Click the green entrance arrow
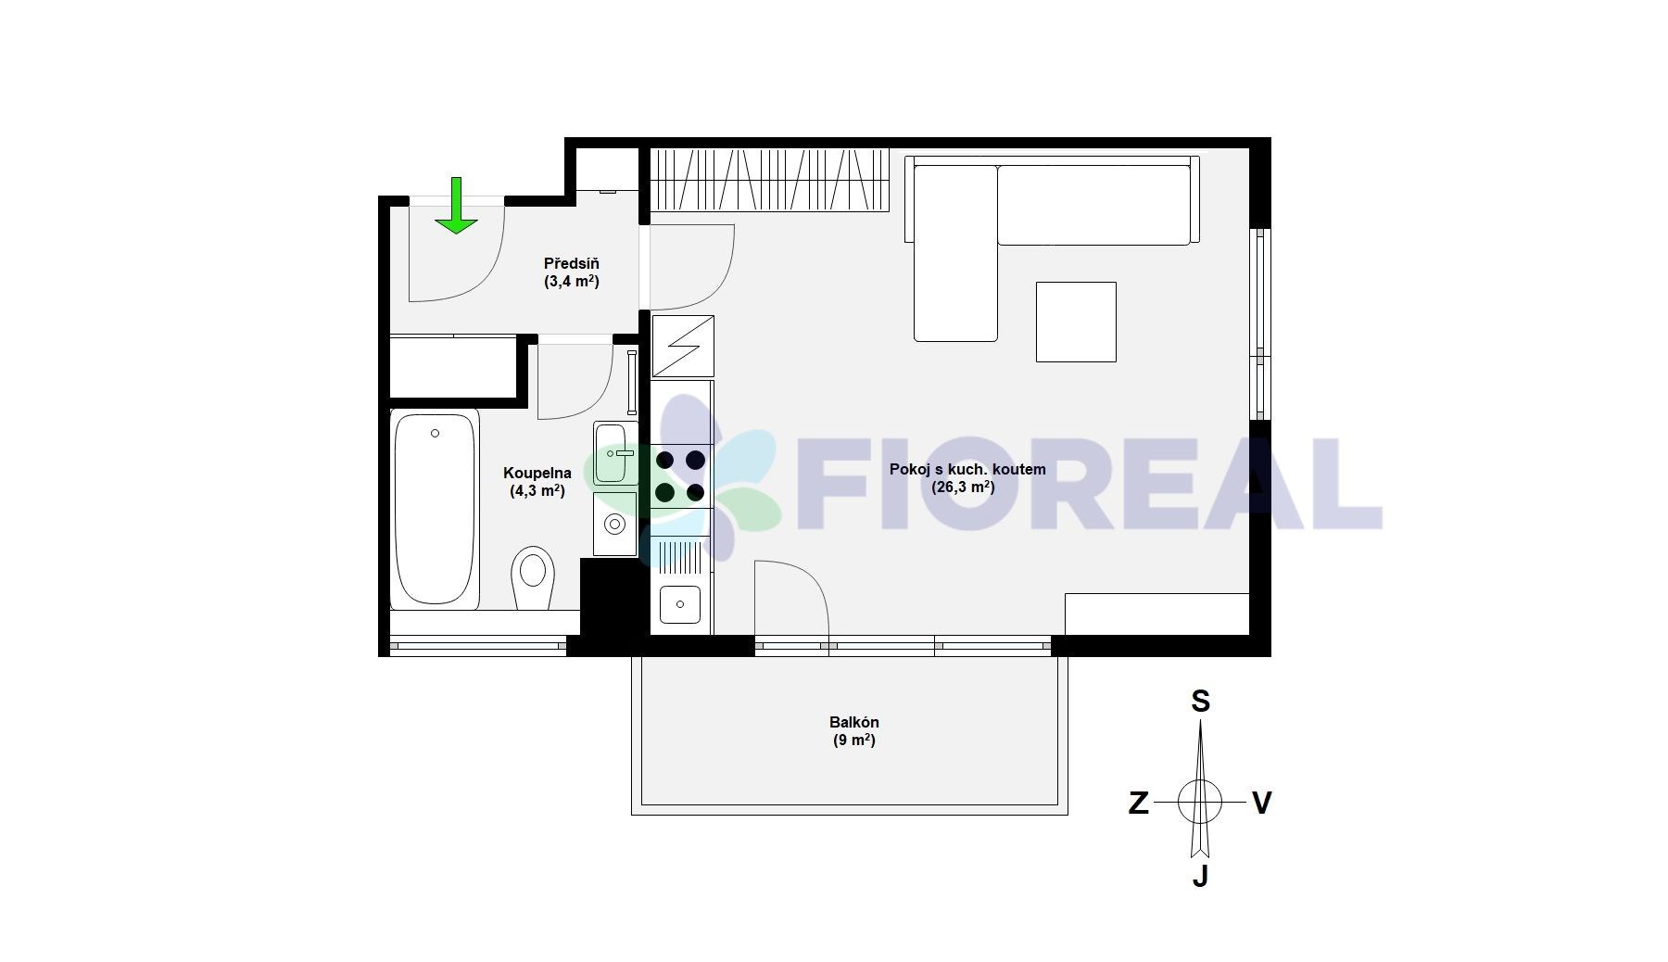pyautogui.click(x=456, y=206)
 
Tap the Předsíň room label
pyautogui.click(x=572, y=264)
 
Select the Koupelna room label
pyautogui.click(x=537, y=474)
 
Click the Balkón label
pyautogui.click(x=854, y=722)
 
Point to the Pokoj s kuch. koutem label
pyautogui.click(x=967, y=470)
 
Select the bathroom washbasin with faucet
pyautogui.click(x=614, y=453)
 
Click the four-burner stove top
pyautogui.click(x=681, y=475)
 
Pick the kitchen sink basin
pyautogui.click(x=680, y=604)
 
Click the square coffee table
pyautogui.click(x=1076, y=322)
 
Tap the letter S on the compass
pyautogui.click(x=1200, y=702)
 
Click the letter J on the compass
pyautogui.click(x=1200, y=875)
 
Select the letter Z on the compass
pyautogui.click(x=1139, y=803)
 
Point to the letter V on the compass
pyautogui.click(x=1261, y=803)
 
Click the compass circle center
pyautogui.click(x=1200, y=802)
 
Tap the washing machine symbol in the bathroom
pyautogui.click(x=614, y=525)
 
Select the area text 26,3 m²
pyautogui.click(x=963, y=487)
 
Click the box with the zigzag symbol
pyautogui.click(x=683, y=346)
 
